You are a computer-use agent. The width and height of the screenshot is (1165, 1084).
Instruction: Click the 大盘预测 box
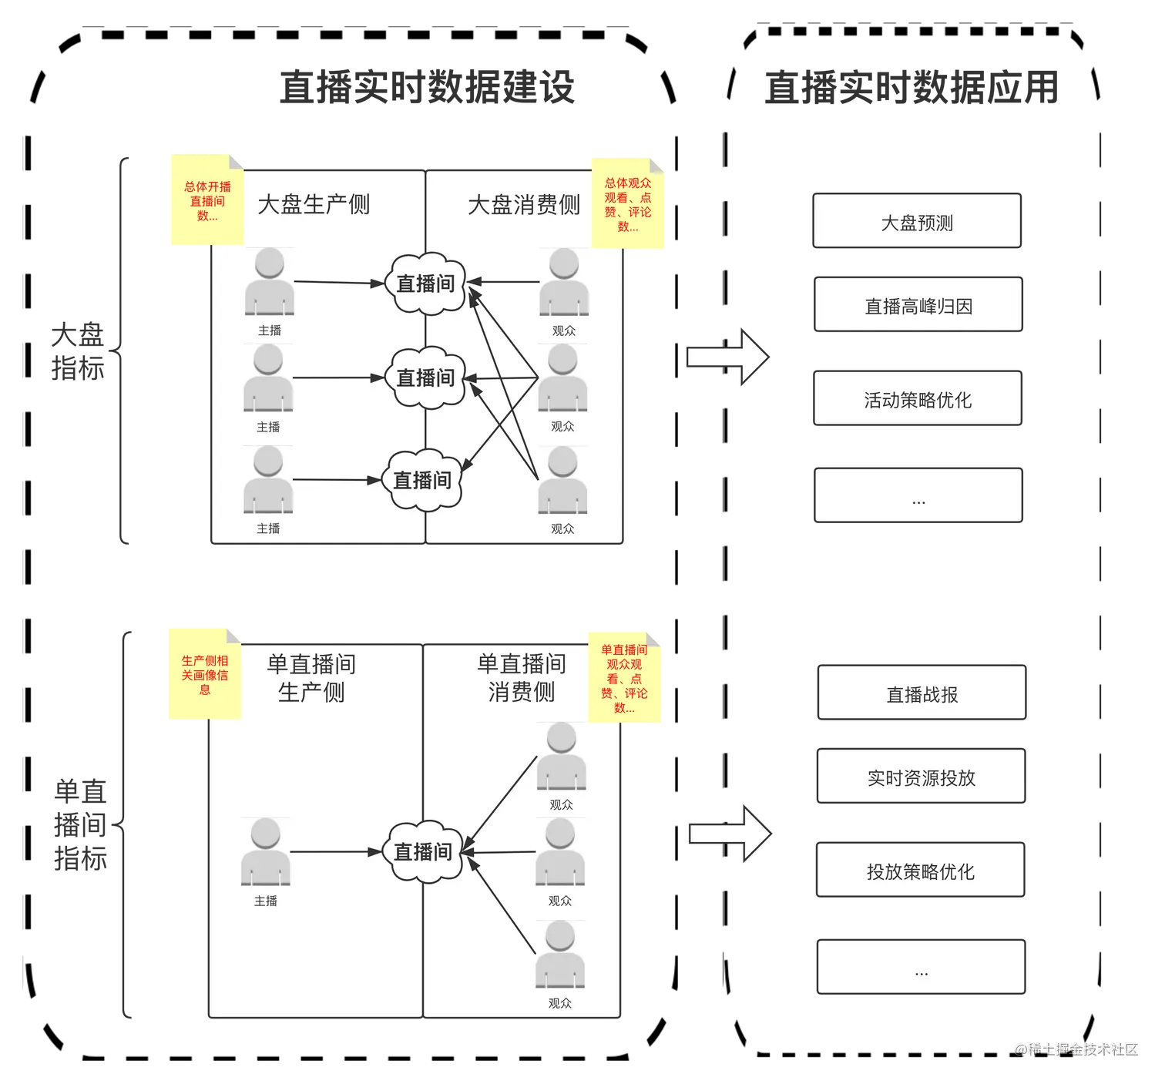coord(917,222)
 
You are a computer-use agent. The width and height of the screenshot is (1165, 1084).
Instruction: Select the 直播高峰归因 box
coord(918,306)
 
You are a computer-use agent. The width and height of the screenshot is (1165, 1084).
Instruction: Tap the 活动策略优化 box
coord(918,399)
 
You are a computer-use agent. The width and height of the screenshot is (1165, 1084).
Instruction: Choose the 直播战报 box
coord(922,694)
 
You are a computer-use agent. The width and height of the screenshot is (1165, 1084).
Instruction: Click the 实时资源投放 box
coord(922,777)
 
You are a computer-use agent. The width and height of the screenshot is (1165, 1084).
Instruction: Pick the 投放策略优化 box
coord(921,871)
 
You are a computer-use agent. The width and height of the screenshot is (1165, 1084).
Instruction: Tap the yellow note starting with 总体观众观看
coord(629,204)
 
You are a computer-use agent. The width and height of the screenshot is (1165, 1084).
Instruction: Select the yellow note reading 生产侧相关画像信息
coord(204,674)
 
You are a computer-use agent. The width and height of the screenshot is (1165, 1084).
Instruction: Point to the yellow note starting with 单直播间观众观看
coord(624,678)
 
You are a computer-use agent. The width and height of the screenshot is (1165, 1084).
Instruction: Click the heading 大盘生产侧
coord(314,204)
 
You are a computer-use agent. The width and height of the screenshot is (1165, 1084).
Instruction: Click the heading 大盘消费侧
coord(524,204)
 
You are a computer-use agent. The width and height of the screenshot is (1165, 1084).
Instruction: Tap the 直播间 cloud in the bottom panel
coord(423,851)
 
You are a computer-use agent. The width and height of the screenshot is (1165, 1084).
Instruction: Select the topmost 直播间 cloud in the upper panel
coord(425,283)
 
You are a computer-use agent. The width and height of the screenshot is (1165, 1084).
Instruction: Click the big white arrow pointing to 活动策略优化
coord(728,357)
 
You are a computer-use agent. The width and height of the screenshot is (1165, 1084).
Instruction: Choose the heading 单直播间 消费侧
coord(522,677)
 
